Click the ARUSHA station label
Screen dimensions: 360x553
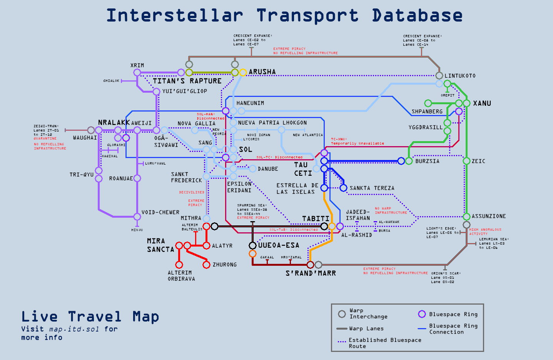(262, 72)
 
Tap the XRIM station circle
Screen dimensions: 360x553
(137, 73)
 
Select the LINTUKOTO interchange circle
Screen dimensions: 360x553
(439, 76)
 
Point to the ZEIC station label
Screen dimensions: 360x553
(478, 161)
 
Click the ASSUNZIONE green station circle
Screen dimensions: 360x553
(466, 217)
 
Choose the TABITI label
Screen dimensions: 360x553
(316, 219)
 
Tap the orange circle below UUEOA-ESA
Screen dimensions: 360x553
(252, 253)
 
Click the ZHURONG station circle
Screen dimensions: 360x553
(206, 265)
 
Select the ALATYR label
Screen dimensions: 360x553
(222, 246)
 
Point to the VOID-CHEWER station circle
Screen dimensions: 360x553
(137, 217)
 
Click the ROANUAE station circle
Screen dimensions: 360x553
(137, 178)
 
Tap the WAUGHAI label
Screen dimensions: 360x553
(85, 138)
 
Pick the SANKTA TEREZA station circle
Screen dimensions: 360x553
(343, 188)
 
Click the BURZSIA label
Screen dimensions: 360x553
(427, 161)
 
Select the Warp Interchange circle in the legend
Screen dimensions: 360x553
(342, 314)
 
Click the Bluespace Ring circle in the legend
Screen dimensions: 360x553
(422, 314)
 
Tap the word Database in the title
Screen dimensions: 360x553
(417, 15)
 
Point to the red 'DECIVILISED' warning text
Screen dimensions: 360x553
(192, 192)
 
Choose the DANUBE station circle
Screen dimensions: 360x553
(252, 168)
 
